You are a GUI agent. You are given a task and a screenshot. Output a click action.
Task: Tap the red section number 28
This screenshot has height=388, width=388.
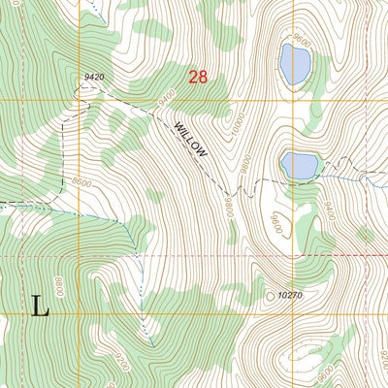point(198,77)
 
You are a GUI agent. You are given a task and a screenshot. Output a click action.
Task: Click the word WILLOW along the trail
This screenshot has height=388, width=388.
point(191,138)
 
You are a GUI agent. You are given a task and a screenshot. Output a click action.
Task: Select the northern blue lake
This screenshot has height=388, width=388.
point(294,64)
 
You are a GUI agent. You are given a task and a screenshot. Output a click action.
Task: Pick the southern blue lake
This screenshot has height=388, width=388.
point(298,165)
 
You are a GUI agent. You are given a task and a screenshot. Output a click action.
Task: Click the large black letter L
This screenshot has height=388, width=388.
point(40,307)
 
